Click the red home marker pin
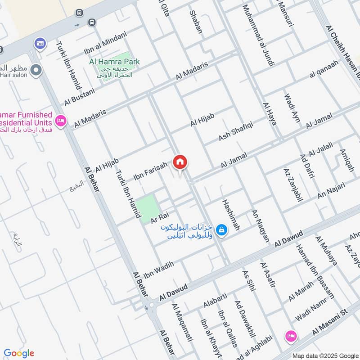180,162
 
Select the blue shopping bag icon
221,230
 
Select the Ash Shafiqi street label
236,130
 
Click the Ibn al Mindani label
106,42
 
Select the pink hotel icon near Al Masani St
290,336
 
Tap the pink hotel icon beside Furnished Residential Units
60,120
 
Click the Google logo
19,353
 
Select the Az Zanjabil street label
290,185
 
